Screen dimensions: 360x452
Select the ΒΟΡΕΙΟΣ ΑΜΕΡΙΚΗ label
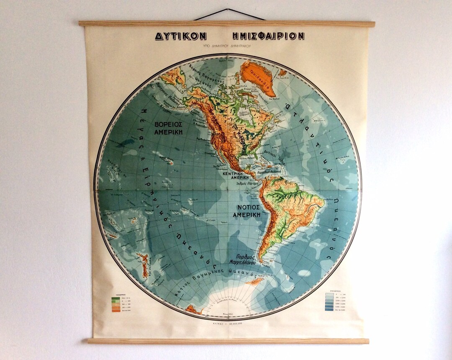[171, 128]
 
